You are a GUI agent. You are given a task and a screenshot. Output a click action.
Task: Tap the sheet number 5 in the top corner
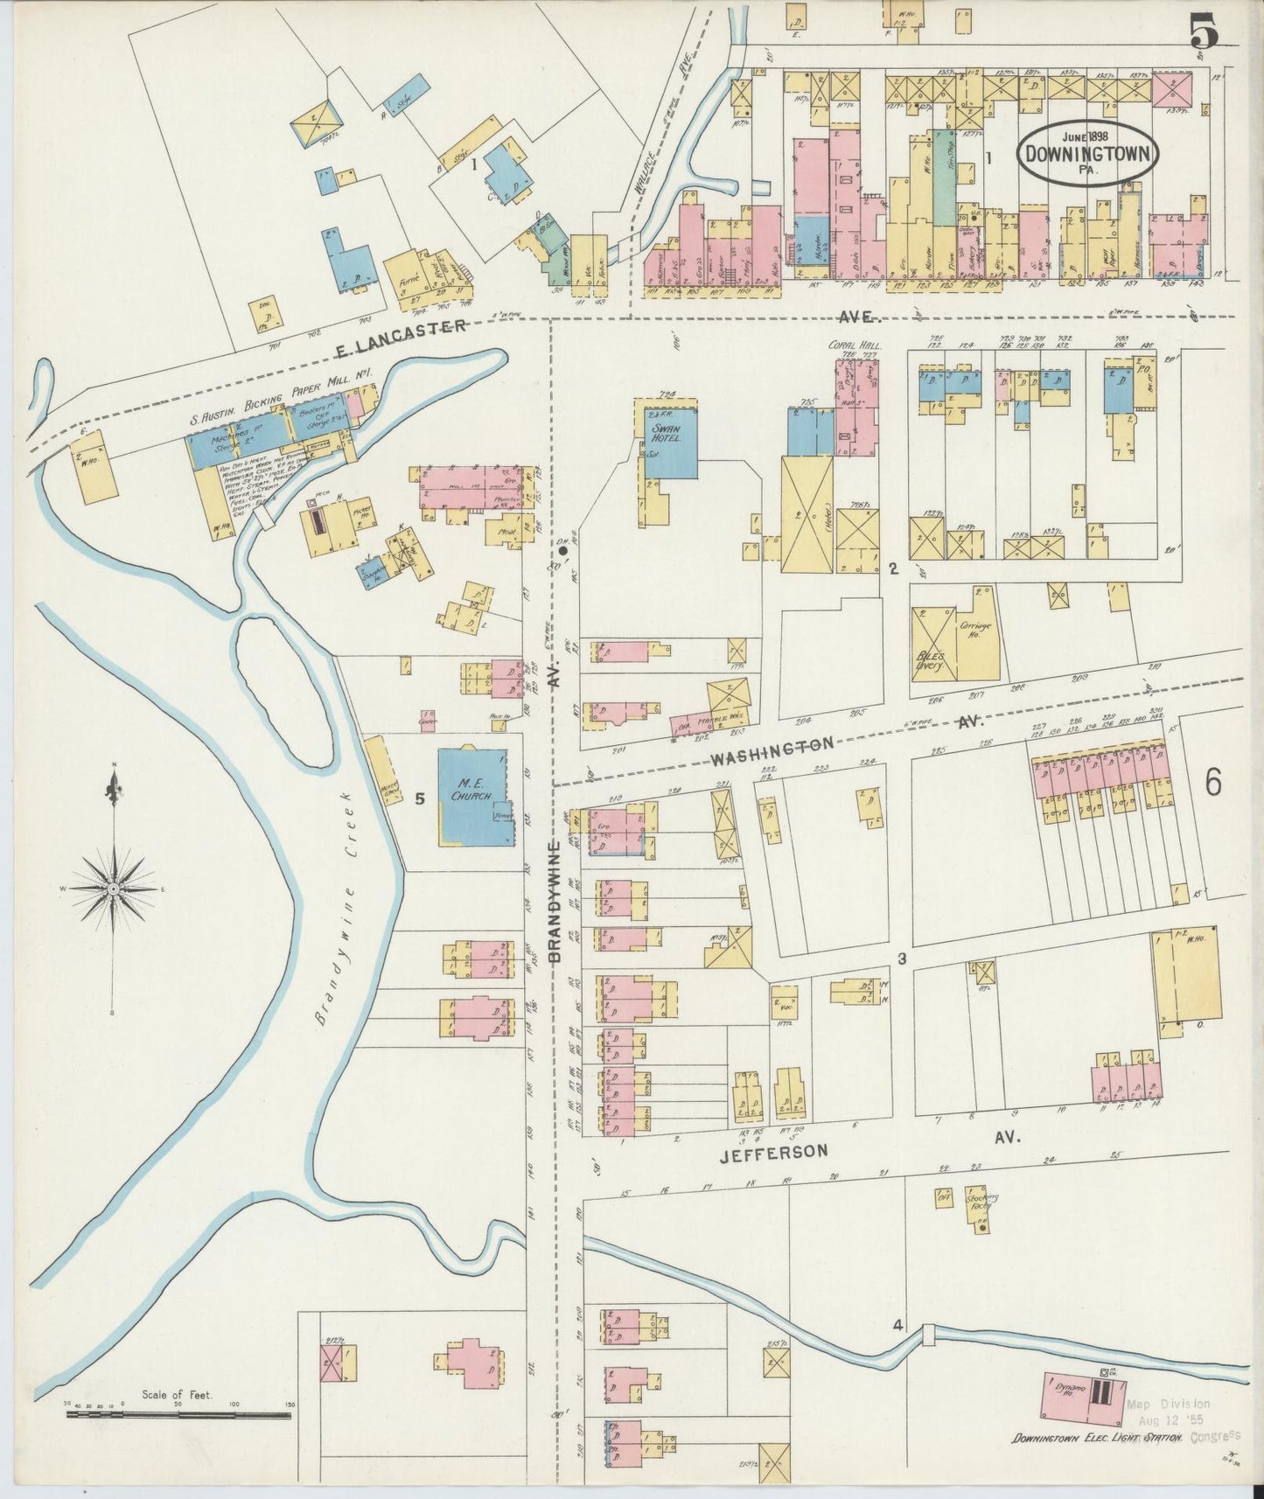1204,33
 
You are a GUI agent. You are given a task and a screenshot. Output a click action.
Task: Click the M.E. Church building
474,796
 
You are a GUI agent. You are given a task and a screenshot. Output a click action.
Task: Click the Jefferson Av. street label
772,1151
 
